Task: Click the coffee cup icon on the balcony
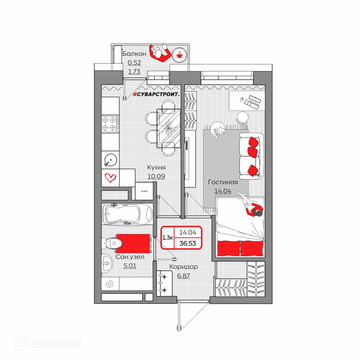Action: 179,55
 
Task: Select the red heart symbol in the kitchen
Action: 110,178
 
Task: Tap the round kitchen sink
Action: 110,160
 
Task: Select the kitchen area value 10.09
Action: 156,176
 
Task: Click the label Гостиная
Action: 223,182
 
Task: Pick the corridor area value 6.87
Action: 184,276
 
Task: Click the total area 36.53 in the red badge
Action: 188,243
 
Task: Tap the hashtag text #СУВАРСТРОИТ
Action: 156,94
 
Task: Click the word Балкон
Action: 134,54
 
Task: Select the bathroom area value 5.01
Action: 130,265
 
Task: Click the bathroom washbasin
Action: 107,263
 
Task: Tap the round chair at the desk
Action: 242,118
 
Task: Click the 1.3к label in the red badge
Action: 167,238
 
